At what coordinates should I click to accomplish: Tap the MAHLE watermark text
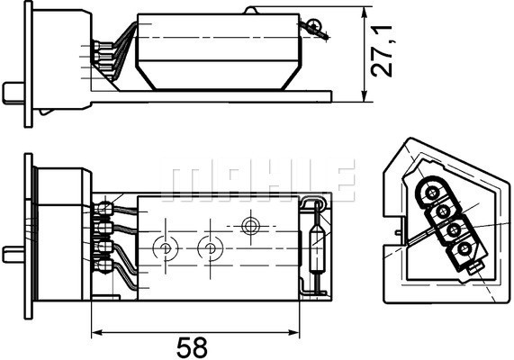point(257,183)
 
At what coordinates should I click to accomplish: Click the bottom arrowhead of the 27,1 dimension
point(365,96)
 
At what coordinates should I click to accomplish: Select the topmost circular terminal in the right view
point(430,191)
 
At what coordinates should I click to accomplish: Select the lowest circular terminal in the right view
point(464,247)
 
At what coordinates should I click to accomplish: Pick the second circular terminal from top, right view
point(441,209)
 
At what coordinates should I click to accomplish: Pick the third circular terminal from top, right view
point(453,228)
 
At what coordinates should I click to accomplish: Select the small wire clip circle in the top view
point(312,26)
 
